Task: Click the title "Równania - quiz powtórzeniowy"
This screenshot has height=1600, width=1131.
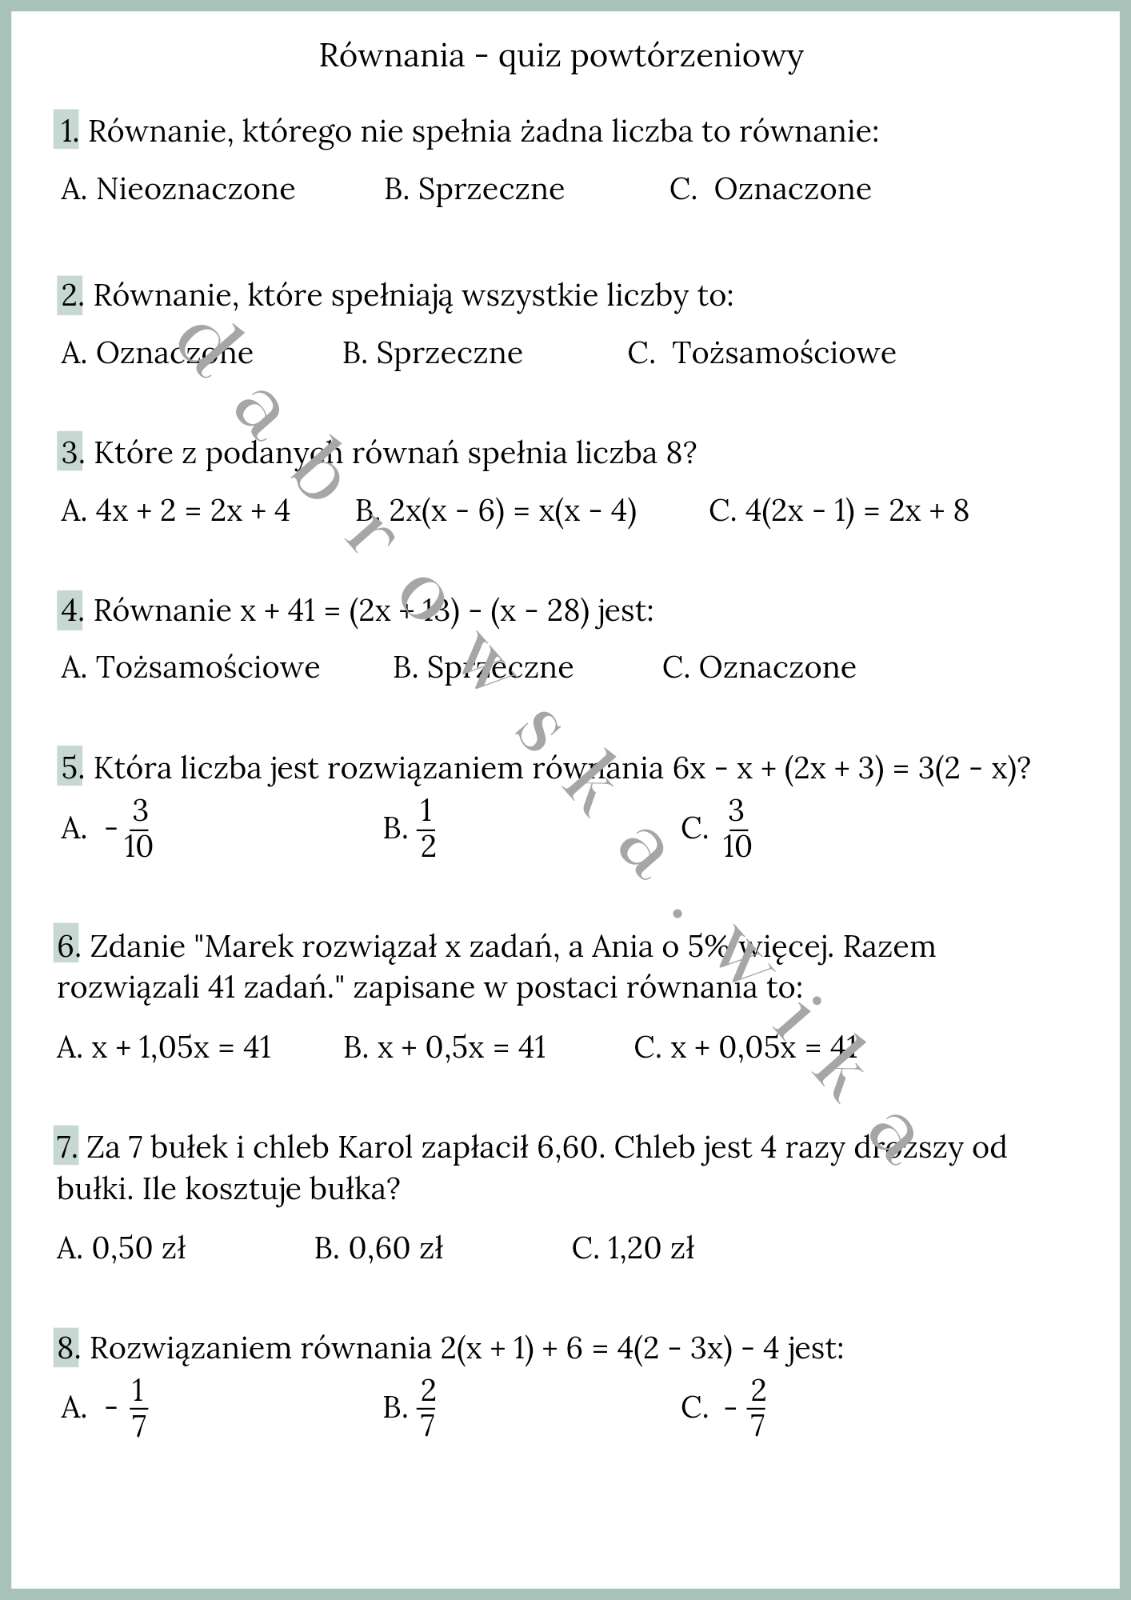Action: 562,56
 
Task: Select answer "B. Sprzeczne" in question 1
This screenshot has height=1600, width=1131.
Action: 474,190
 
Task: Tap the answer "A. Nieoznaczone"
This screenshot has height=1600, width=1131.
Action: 178,190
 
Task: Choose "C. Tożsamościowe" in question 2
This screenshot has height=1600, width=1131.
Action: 761,353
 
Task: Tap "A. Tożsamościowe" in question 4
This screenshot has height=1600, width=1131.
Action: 190,667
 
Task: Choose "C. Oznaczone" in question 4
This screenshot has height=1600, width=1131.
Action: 759,667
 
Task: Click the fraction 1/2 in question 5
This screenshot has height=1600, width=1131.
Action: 427,829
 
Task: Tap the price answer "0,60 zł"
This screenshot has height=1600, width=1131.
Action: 395,1248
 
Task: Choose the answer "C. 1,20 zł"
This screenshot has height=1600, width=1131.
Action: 633,1248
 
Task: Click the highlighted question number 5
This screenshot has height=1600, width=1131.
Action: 70,768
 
